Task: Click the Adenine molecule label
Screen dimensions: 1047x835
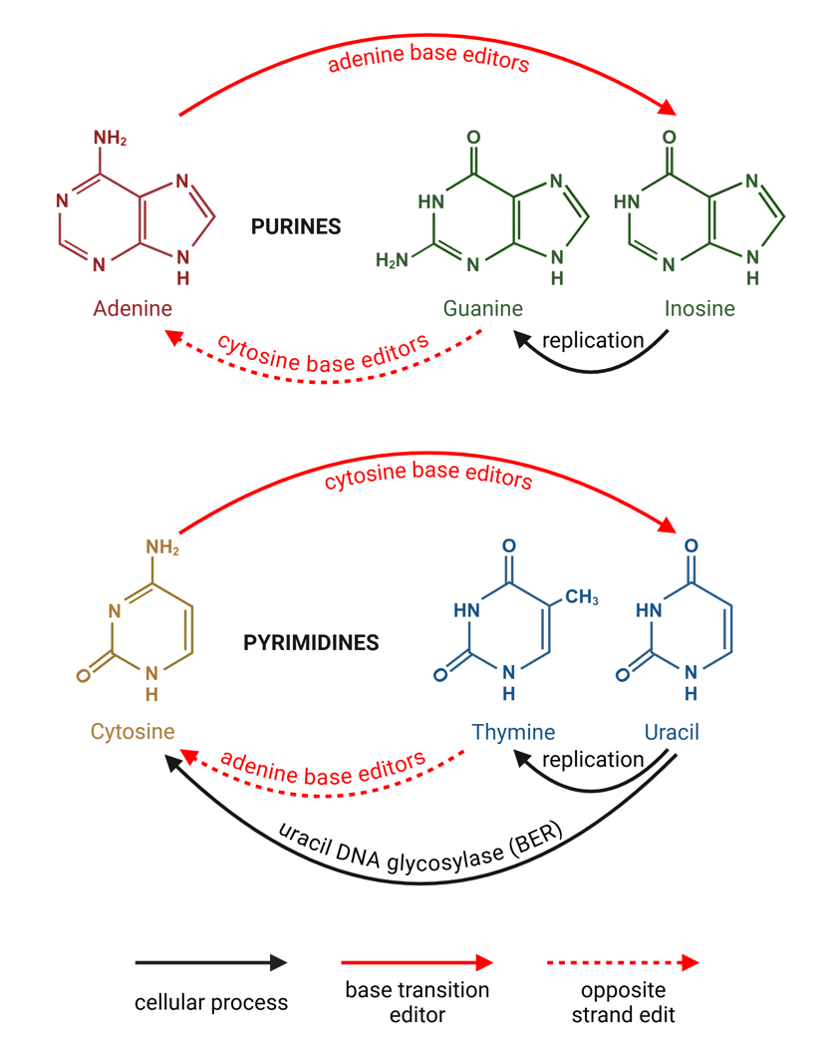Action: pos(133,308)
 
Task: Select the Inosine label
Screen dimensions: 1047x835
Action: pos(699,308)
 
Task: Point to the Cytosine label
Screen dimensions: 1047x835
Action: pos(133,732)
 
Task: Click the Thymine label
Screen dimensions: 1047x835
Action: pos(512,732)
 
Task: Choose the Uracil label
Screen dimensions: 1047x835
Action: pos(672,732)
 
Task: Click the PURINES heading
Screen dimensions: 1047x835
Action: pos(296,227)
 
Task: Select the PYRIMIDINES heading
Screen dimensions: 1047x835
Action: pos(311,643)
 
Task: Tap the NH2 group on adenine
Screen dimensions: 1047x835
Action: pos(110,138)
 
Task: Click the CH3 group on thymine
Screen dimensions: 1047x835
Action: pos(583,597)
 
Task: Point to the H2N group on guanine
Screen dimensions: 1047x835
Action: pos(392,261)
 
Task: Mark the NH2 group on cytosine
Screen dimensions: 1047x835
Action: pos(162,546)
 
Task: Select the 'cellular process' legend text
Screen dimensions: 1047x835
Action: pos(211,1001)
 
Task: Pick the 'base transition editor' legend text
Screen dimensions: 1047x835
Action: pos(417,1001)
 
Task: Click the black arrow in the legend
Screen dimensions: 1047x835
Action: pos(211,963)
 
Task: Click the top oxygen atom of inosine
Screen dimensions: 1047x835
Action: pos(670,138)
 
